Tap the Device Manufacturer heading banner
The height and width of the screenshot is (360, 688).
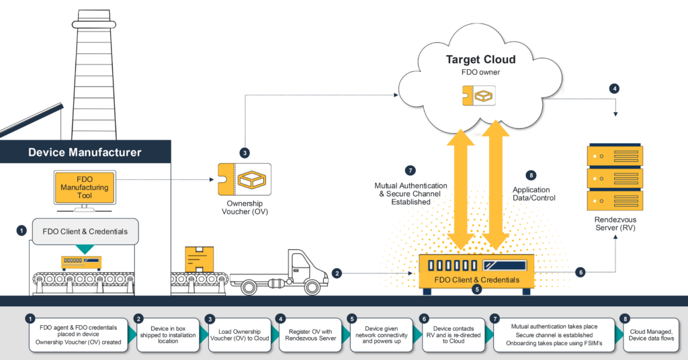(x=85, y=152)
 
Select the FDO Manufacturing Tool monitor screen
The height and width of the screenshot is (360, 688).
(x=84, y=187)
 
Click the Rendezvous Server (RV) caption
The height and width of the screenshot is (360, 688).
(x=616, y=224)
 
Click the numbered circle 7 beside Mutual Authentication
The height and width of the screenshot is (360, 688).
(x=411, y=170)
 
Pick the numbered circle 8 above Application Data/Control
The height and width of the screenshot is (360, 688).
(x=531, y=175)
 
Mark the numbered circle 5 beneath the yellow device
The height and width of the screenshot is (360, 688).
(x=477, y=289)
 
